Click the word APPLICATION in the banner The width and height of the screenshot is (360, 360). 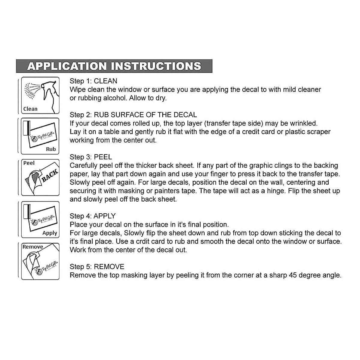click(67, 66)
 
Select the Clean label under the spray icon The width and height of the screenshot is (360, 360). click(30, 109)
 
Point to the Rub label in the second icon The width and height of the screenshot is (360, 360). click(51, 149)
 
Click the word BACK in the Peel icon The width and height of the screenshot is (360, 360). click(49, 175)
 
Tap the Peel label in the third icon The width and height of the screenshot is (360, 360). click(29, 163)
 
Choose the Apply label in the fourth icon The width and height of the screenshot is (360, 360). click(49, 233)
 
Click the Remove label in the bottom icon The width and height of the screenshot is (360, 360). click(33, 247)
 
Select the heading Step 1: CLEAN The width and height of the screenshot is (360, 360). click(93, 81)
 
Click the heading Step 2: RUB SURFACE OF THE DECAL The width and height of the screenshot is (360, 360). click(133, 115)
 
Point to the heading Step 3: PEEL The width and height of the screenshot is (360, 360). click(91, 157)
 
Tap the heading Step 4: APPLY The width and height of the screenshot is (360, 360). click(92, 216)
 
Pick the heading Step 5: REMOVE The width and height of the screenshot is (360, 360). click(97, 267)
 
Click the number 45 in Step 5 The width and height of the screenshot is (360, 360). click(293, 275)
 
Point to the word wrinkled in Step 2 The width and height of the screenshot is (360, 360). click(304, 123)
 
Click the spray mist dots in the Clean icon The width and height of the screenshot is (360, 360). click(30, 90)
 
